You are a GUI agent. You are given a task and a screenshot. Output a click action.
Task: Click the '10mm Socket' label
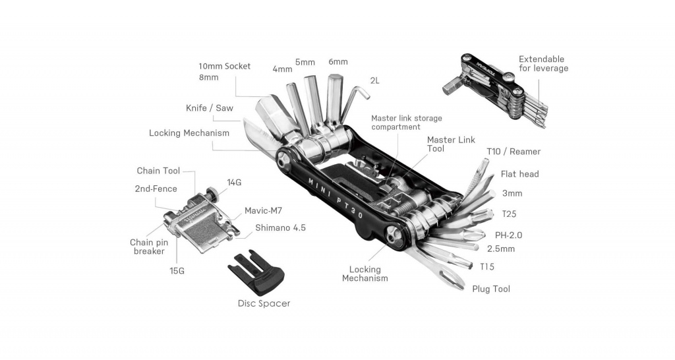click(225, 66)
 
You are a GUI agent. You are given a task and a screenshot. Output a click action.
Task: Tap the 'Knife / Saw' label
click(209, 107)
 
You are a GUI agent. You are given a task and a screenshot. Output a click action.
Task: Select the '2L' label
click(374, 80)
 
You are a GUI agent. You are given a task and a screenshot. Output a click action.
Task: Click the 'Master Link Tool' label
click(451, 144)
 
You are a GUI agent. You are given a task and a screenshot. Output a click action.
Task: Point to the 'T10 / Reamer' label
click(514, 152)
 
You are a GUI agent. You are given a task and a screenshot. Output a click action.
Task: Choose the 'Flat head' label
click(519, 174)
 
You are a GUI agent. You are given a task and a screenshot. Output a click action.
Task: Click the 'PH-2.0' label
click(508, 235)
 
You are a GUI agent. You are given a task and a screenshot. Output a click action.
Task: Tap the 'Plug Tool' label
click(491, 289)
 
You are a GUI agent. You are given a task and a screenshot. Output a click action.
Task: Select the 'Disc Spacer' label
click(264, 303)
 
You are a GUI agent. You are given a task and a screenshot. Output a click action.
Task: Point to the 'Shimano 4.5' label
click(281, 228)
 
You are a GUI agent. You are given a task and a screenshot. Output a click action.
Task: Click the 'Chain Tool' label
click(158, 171)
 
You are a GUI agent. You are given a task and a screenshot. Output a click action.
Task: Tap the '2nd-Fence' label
click(156, 189)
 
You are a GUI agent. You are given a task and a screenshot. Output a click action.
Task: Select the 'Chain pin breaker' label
click(149, 247)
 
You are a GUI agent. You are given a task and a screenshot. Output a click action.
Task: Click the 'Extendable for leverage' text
click(543, 63)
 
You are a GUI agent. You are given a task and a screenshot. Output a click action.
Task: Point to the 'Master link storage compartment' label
click(406, 122)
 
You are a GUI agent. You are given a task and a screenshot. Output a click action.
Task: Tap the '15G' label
click(176, 271)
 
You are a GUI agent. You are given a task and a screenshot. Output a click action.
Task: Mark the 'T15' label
click(487, 266)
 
